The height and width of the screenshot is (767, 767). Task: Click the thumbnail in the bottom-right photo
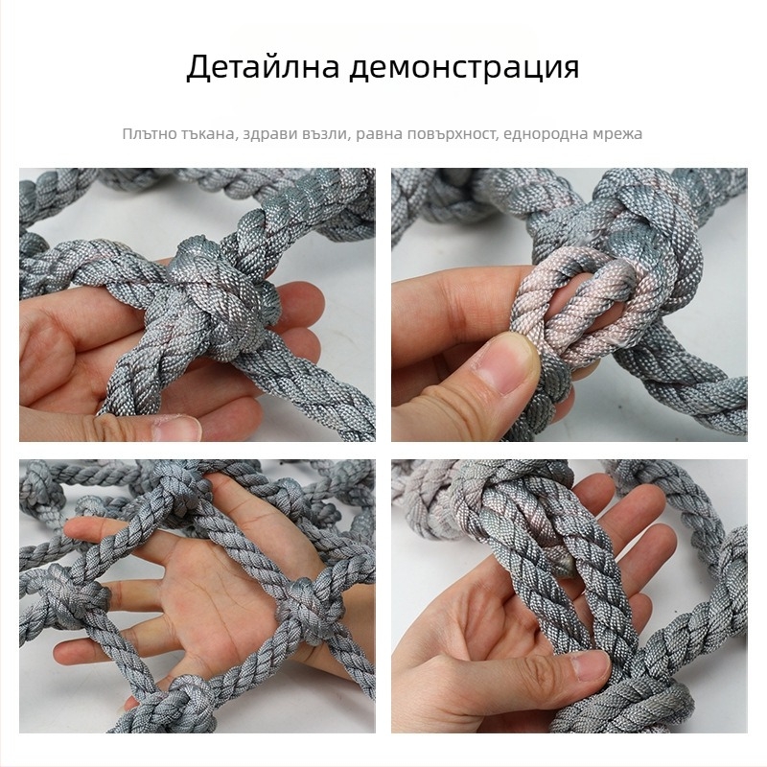(x=586, y=665)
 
